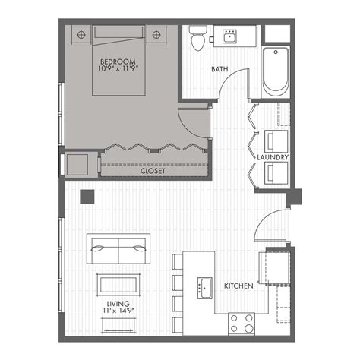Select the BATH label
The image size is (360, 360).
point(220,70)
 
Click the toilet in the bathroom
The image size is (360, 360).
point(198,38)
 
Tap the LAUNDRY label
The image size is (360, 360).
point(271,157)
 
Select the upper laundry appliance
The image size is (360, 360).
point(274,141)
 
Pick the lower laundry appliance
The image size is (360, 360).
point(274,173)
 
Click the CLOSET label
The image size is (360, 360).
point(154,172)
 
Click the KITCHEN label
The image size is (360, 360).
point(238,286)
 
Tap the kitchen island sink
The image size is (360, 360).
point(204,288)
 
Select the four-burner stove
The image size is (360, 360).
point(242,324)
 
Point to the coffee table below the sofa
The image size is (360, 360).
point(118,284)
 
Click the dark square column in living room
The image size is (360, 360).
point(88,195)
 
